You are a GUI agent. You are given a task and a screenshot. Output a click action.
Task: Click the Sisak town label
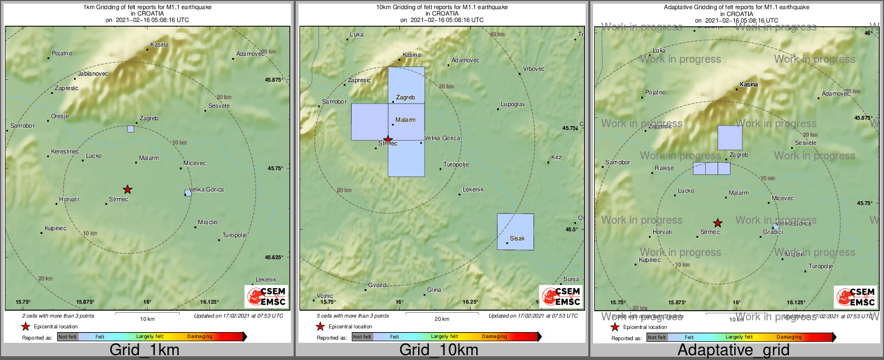point(517,238)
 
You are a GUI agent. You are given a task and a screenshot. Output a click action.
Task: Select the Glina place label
point(434,290)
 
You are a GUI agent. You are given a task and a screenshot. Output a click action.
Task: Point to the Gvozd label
point(377,285)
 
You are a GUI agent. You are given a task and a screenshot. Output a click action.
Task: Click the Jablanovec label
point(93,74)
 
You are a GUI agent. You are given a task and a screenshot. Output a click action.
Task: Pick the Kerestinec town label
point(65,151)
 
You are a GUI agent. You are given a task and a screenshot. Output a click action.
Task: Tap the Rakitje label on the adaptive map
point(664,168)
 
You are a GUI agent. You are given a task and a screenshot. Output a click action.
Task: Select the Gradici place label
point(773,232)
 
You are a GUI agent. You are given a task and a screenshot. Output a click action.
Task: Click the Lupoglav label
point(513,104)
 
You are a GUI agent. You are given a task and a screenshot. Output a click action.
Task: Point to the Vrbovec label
point(534,69)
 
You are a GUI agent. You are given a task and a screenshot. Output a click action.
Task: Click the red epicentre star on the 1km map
point(127,189)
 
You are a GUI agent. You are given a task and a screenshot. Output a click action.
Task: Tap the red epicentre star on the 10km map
point(388,139)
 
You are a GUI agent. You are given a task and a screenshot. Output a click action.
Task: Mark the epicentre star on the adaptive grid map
point(718,223)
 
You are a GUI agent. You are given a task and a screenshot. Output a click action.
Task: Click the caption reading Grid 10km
point(439,350)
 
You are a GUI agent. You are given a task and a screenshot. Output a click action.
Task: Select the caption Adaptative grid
point(733,350)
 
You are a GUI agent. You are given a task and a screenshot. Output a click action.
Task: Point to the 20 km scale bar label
point(442,319)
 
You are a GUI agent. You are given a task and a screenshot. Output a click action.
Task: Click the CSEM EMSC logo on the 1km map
point(266,296)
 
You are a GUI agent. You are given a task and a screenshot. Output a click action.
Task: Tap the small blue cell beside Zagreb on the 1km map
point(130,129)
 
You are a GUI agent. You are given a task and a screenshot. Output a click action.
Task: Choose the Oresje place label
point(60,116)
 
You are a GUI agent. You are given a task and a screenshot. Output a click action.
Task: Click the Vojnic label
point(325,296)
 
